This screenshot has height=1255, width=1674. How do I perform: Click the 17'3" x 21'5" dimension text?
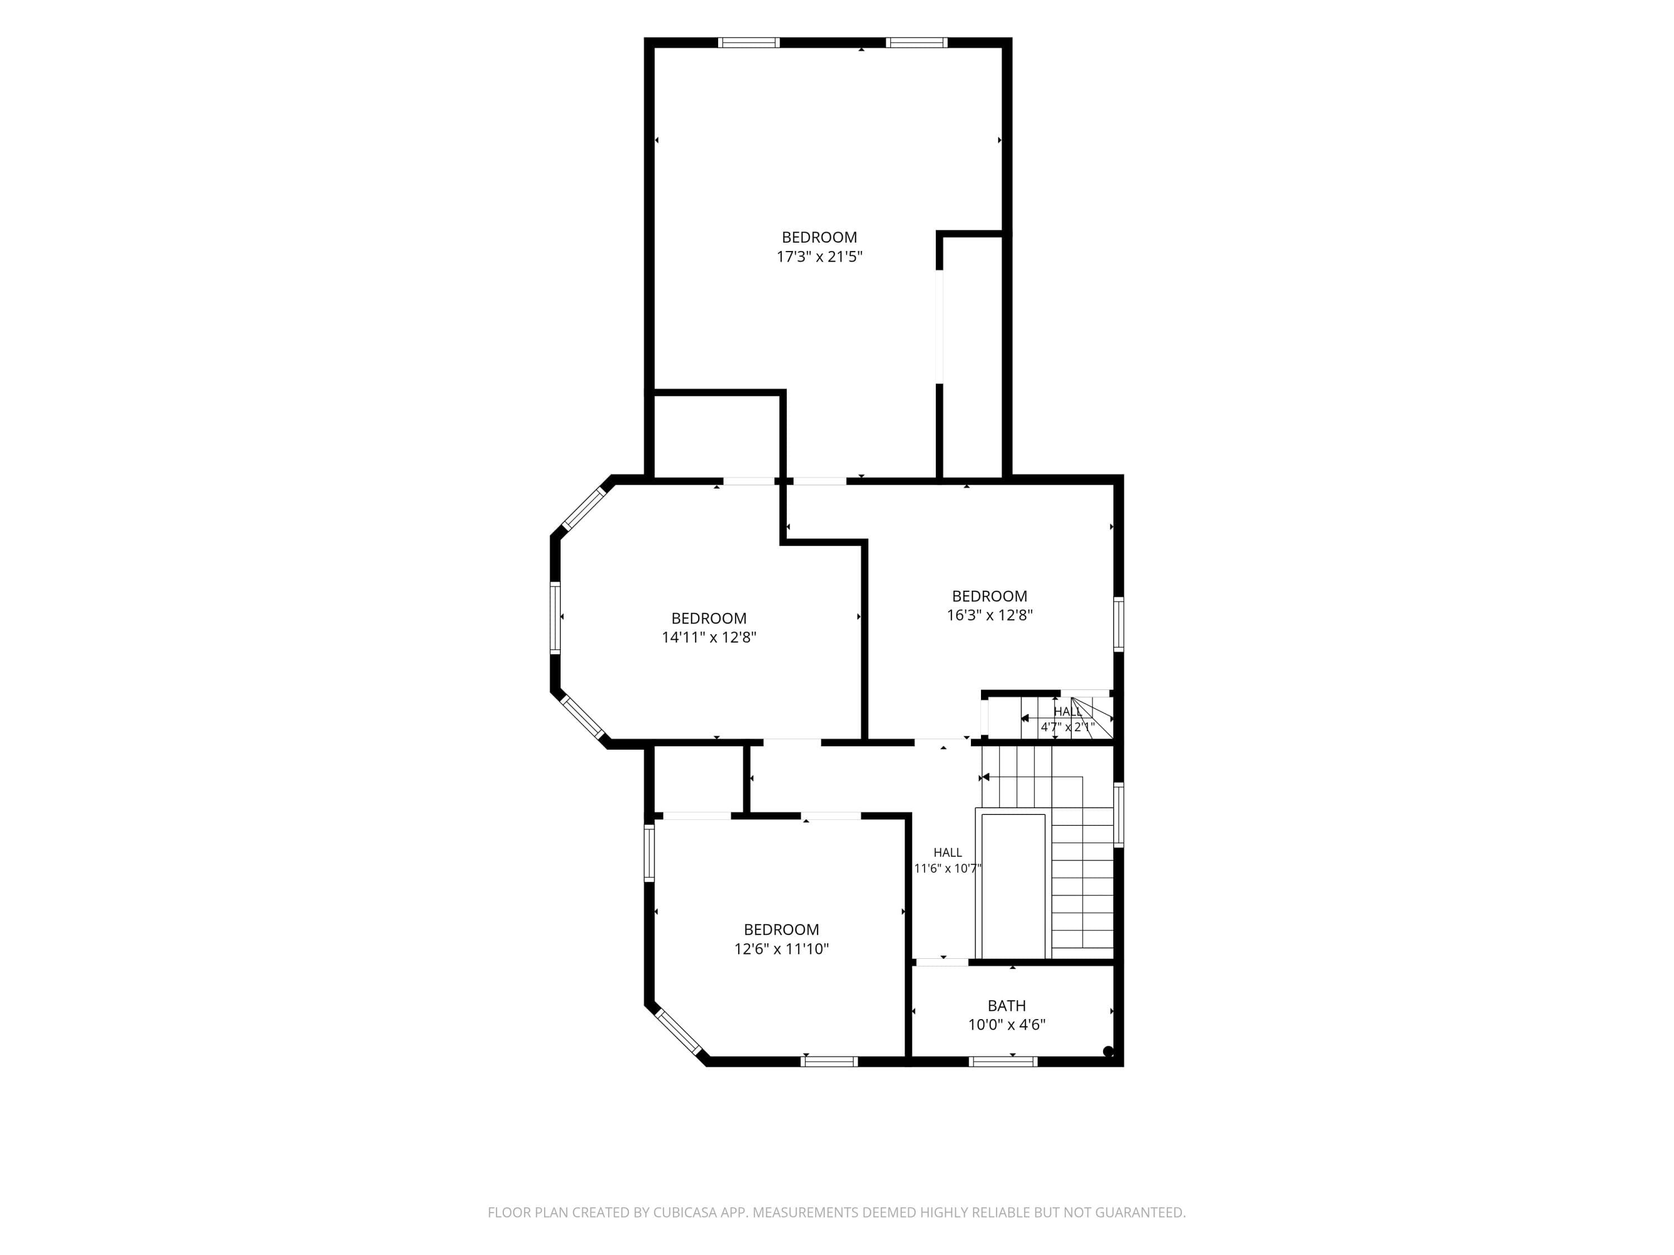coord(820,257)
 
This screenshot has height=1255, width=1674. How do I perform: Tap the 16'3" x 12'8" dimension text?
coord(990,615)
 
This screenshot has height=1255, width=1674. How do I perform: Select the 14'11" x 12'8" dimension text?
coord(709,637)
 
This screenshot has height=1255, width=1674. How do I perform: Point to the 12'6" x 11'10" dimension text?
coord(782,949)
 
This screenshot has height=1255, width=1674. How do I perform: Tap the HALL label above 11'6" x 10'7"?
coord(947,852)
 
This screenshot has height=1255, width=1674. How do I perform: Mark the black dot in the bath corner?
coord(1108,1051)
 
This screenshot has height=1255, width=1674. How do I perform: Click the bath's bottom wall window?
coord(1003,1061)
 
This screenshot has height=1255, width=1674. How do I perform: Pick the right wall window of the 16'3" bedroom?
coord(1119,624)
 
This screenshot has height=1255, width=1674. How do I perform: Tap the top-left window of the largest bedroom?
coord(749,42)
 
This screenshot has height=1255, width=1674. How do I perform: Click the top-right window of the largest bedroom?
coord(916,42)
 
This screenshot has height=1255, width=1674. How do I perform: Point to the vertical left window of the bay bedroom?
coord(555,617)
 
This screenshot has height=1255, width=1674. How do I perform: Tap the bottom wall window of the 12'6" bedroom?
coord(829,1061)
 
